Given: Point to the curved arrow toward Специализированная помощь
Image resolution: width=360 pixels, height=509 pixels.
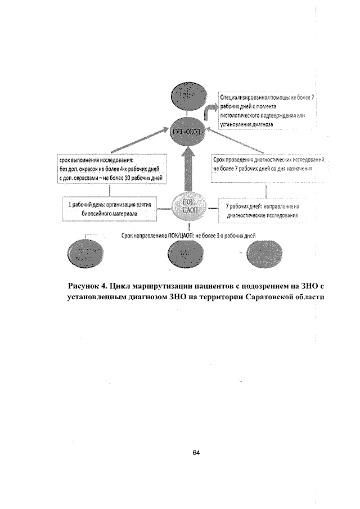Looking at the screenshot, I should (x=211, y=112).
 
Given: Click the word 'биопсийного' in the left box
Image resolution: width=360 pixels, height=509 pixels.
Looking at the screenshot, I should (x=97, y=214).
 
